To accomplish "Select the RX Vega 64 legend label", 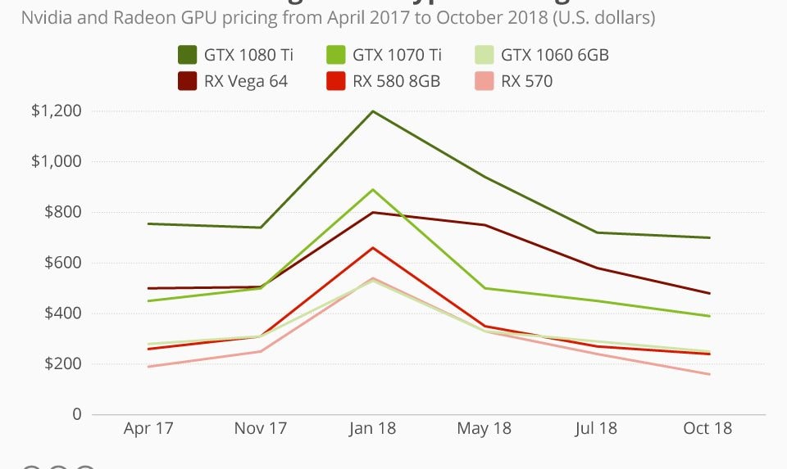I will coord(247,81).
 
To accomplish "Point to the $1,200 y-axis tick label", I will coord(57,111).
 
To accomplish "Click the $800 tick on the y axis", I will coord(63,213).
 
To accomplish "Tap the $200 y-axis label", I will coord(63,364).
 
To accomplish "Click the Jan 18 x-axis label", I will coord(373,428).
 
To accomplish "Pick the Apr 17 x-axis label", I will coord(148,428).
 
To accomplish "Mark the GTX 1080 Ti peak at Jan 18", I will coord(373,111).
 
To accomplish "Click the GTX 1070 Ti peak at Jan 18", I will coord(373,190).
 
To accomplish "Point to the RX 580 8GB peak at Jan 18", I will coord(373,248).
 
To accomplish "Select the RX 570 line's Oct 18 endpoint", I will coord(709,374).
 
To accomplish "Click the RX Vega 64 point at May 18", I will coord(485,225).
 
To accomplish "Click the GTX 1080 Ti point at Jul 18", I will coord(598,232).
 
